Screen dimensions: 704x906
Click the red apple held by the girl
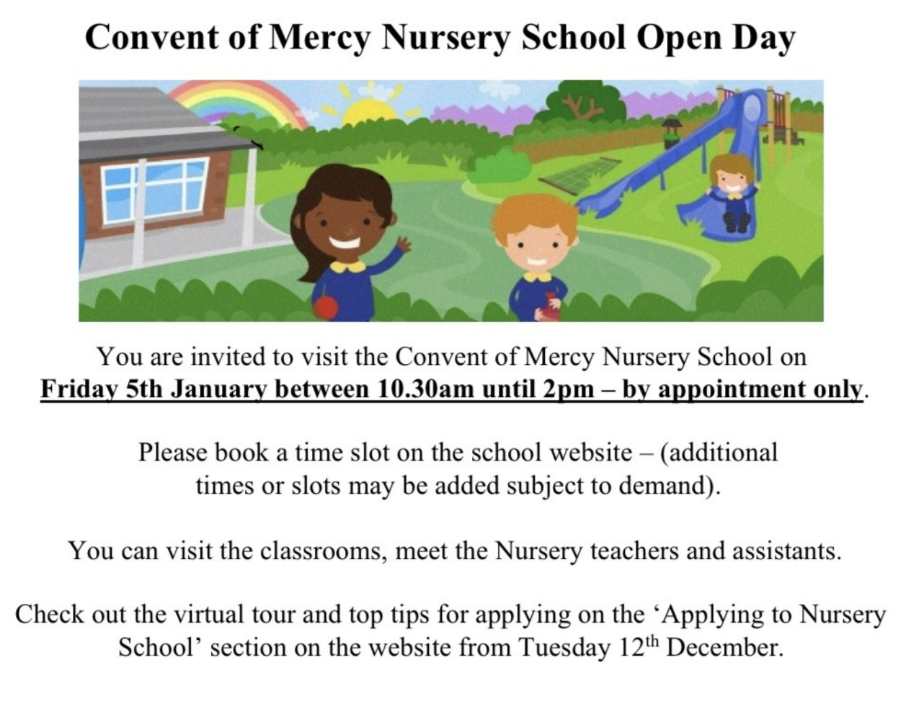tap(326, 306)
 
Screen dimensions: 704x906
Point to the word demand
tap(671, 486)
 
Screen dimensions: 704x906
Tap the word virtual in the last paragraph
tap(209, 615)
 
